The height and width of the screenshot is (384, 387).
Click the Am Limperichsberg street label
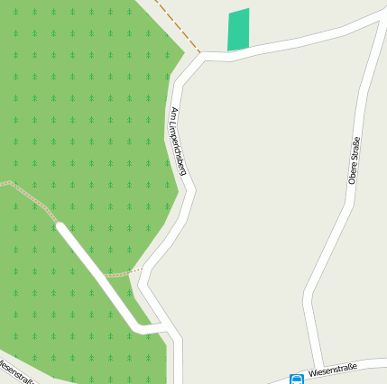[178, 141]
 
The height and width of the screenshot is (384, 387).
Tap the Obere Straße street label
[354, 160]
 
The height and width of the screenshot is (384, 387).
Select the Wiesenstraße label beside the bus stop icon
[333, 369]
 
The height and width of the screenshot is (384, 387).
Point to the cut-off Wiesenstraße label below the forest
[15, 371]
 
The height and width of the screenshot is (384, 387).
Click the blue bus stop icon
[297, 379]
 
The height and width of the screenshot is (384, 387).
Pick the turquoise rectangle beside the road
[238, 31]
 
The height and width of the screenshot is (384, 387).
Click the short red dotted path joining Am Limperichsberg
[127, 270]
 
